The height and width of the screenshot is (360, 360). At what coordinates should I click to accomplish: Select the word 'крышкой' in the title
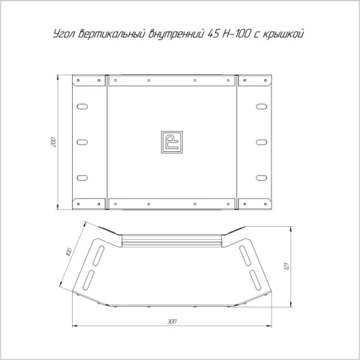coord(283,34)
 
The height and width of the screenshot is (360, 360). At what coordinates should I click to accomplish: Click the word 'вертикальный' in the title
coord(112,34)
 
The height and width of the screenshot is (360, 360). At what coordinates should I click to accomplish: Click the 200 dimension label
coord(54,142)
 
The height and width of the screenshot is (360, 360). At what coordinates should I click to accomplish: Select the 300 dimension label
coord(172,321)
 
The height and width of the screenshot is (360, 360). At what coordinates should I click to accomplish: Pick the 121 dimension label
coord(287,266)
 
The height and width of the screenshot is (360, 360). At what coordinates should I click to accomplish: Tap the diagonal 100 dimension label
coord(68,252)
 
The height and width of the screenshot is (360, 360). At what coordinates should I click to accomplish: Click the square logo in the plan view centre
coord(172,142)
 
